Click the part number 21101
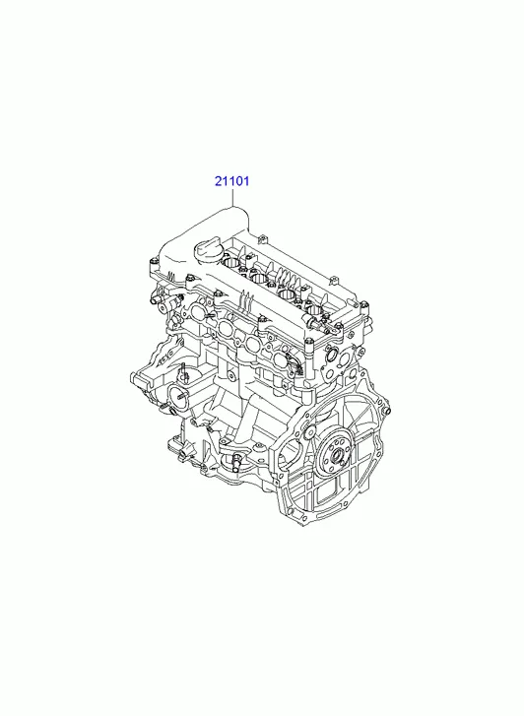coord(232,181)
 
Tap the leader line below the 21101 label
coord(232,198)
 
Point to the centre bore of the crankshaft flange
coord(338,454)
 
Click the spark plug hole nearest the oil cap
coord(232,263)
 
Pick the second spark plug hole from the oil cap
coord(259,278)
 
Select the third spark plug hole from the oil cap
coord(288,294)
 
